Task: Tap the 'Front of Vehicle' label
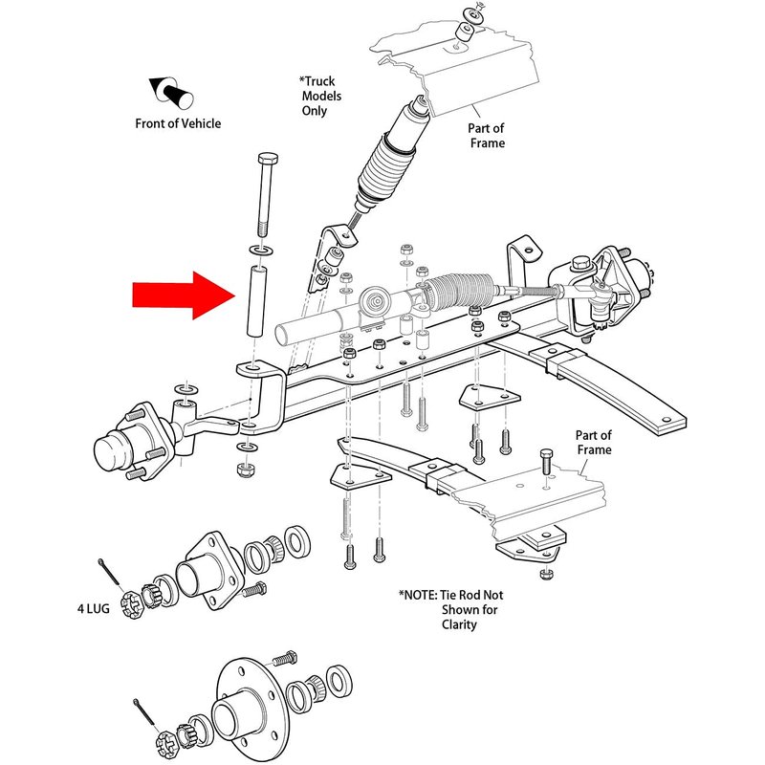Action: point(178,122)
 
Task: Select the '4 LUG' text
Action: point(97,606)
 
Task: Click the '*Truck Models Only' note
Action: point(320,97)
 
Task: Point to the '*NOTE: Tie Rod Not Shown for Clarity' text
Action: point(448,609)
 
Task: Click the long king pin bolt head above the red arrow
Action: point(266,158)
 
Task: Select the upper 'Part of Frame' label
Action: point(486,135)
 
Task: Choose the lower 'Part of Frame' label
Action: point(593,443)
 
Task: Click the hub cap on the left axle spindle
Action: point(113,453)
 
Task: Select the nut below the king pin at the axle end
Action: point(245,470)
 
